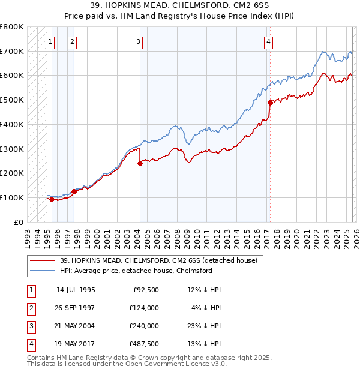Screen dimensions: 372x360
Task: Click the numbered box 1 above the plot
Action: pyautogui.click(x=49, y=41)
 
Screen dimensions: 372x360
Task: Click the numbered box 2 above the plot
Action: pyautogui.click(x=71, y=41)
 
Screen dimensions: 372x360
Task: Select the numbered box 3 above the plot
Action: pyautogui.click(x=138, y=41)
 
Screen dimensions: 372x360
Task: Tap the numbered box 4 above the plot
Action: pyautogui.click(x=268, y=41)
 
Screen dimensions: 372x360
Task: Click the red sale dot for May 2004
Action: pyautogui.click(x=140, y=163)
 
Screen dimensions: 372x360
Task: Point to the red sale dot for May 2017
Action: pyautogui.click(x=270, y=103)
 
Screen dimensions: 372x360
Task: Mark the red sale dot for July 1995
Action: pyautogui.click(x=52, y=199)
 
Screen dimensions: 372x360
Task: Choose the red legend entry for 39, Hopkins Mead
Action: pyautogui.click(x=158, y=260)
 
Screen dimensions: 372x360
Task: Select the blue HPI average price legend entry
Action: pyautogui.click(x=136, y=271)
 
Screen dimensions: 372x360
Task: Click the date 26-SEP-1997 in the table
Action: pyautogui.click(x=76, y=308)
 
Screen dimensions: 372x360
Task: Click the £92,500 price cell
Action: pyautogui.click(x=145, y=290)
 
